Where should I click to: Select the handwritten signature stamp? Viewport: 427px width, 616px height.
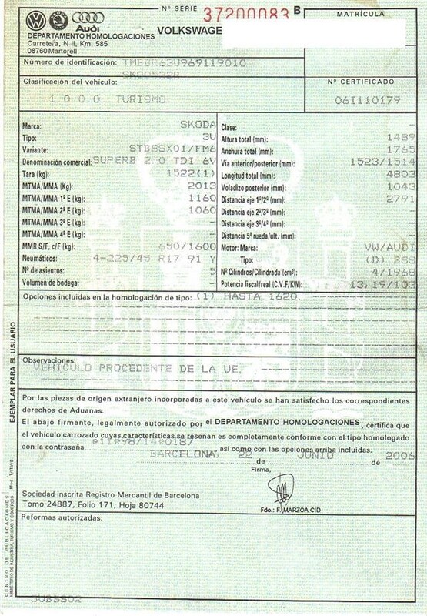pyautogui.click(x=279, y=486)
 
